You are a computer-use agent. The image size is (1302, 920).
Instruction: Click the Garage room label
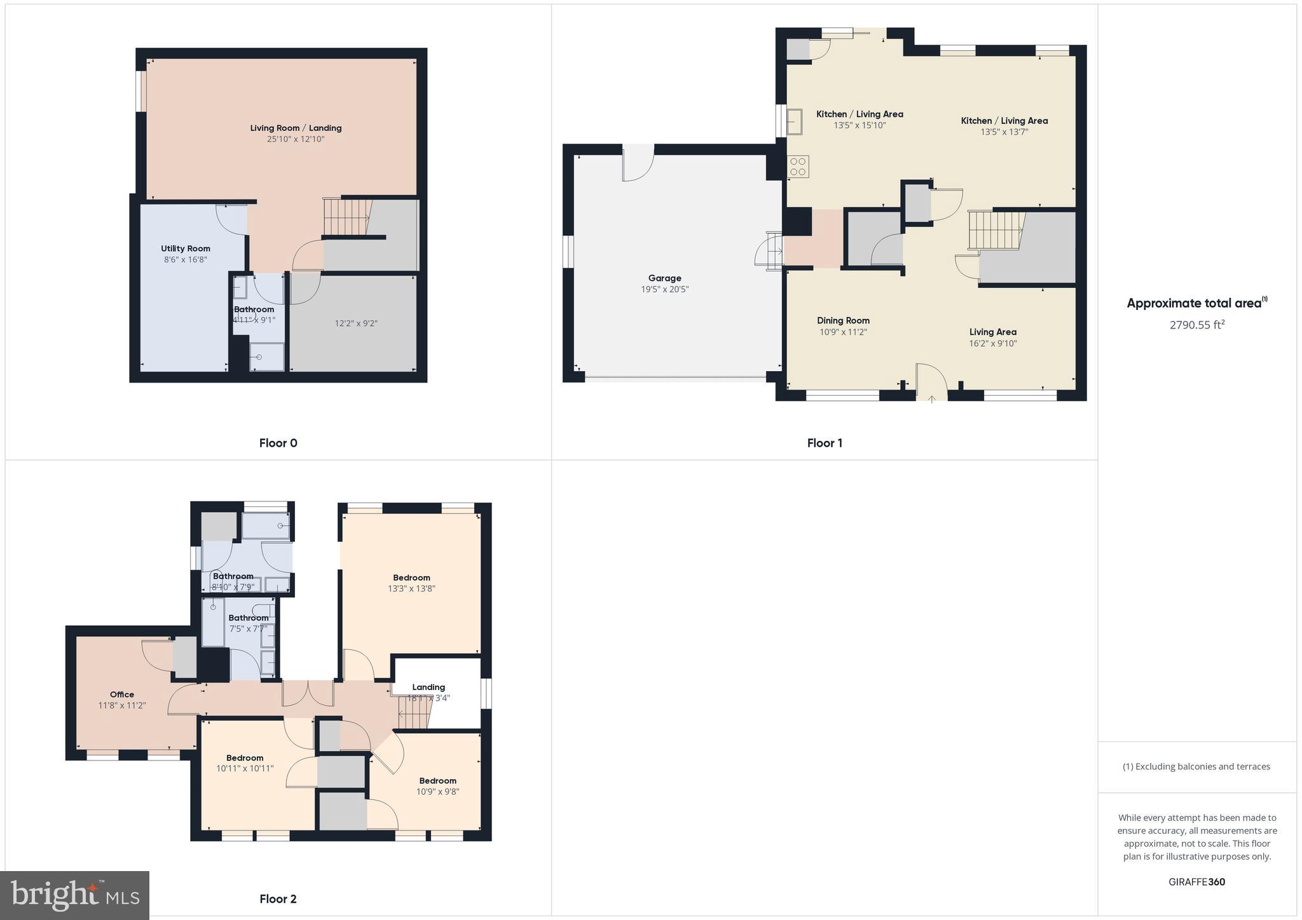[664, 278]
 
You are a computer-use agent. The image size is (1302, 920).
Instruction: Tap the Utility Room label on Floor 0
[185, 248]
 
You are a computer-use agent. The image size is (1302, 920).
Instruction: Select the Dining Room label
[843, 321]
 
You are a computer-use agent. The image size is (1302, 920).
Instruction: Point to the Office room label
[122, 694]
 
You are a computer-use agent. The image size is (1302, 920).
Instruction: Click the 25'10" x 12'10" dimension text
[296, 139]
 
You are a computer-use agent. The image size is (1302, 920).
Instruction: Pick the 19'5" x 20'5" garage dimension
[664, 290]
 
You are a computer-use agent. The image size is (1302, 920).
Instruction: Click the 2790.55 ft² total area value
[1196, 325]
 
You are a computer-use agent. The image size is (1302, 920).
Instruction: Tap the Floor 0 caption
[278, 443]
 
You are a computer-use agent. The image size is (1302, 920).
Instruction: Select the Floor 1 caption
[825, 443]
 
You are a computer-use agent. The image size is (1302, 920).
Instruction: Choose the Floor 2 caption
[278, 899]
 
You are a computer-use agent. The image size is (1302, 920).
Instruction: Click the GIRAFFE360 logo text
[1196, 882]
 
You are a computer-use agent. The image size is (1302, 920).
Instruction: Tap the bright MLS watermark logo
[75, 895]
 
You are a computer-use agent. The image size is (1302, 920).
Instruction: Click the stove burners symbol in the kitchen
[798, 166]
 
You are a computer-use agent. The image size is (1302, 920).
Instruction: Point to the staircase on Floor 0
[346, 217]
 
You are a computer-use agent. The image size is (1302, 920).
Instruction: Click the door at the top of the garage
[638, 163]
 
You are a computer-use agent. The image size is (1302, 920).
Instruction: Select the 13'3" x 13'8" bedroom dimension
[411, 589]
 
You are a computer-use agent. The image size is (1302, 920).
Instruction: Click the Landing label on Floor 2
[428, 687]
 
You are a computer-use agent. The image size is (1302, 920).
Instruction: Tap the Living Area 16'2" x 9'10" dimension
[992, 344]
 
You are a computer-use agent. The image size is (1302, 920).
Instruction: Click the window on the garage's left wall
[569, 250]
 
